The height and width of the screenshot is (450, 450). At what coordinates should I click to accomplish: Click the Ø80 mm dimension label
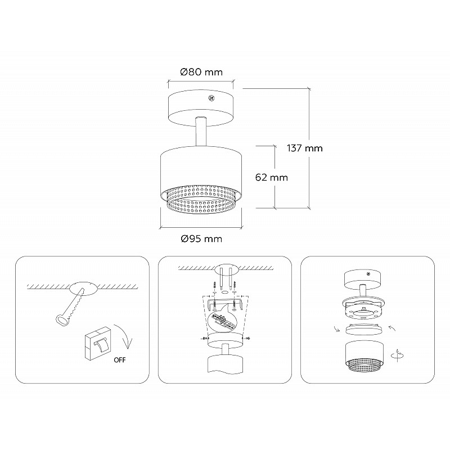pos(201,72)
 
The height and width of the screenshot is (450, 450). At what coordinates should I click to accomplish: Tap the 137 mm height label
pos(305,148)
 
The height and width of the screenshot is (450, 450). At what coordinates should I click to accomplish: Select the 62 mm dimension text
pos(272,177)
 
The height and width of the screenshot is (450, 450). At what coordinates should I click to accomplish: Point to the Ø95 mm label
pos(201,238)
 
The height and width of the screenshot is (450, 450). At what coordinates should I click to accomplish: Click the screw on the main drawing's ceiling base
pos(211,98)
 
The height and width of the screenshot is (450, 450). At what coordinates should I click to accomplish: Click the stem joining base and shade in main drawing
pos(200,132)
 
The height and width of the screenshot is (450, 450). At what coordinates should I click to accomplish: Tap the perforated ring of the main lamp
pos(201,200)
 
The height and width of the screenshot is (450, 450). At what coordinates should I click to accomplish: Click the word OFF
pos(120,360)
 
